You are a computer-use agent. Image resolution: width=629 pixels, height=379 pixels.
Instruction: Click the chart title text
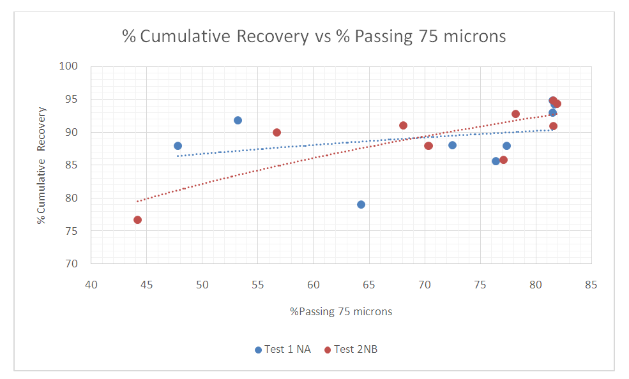[314, 36]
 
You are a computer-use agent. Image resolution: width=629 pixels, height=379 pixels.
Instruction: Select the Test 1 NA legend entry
[282, 350]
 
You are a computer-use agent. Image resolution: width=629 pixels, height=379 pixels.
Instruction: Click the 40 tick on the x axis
[91, 285]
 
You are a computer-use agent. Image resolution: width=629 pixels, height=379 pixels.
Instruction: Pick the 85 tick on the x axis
[591, 285]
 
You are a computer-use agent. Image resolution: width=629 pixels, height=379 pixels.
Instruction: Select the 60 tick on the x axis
[314, 285]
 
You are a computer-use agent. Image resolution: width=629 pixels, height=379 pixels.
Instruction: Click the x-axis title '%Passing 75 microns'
[341, 312]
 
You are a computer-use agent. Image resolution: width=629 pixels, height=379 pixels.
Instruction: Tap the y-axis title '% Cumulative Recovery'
[42, 165]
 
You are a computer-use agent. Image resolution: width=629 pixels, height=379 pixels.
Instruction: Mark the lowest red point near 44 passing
[138, 219]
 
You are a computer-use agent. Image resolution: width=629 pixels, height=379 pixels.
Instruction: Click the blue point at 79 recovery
[361, 204]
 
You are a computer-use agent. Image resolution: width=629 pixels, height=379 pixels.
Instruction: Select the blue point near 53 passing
[238, 120]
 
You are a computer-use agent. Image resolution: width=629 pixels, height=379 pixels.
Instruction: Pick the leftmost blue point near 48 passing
[178, 145]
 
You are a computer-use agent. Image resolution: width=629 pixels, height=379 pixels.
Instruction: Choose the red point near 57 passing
[277, 132]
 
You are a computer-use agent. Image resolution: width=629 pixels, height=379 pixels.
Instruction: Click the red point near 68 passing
[403, 125]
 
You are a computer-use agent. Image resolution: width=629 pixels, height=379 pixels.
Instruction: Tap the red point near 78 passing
[515, 114]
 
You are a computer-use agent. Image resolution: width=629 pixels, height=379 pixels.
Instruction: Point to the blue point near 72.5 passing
[452, 145]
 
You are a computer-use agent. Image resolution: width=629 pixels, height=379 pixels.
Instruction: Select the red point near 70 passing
[428, 145]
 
